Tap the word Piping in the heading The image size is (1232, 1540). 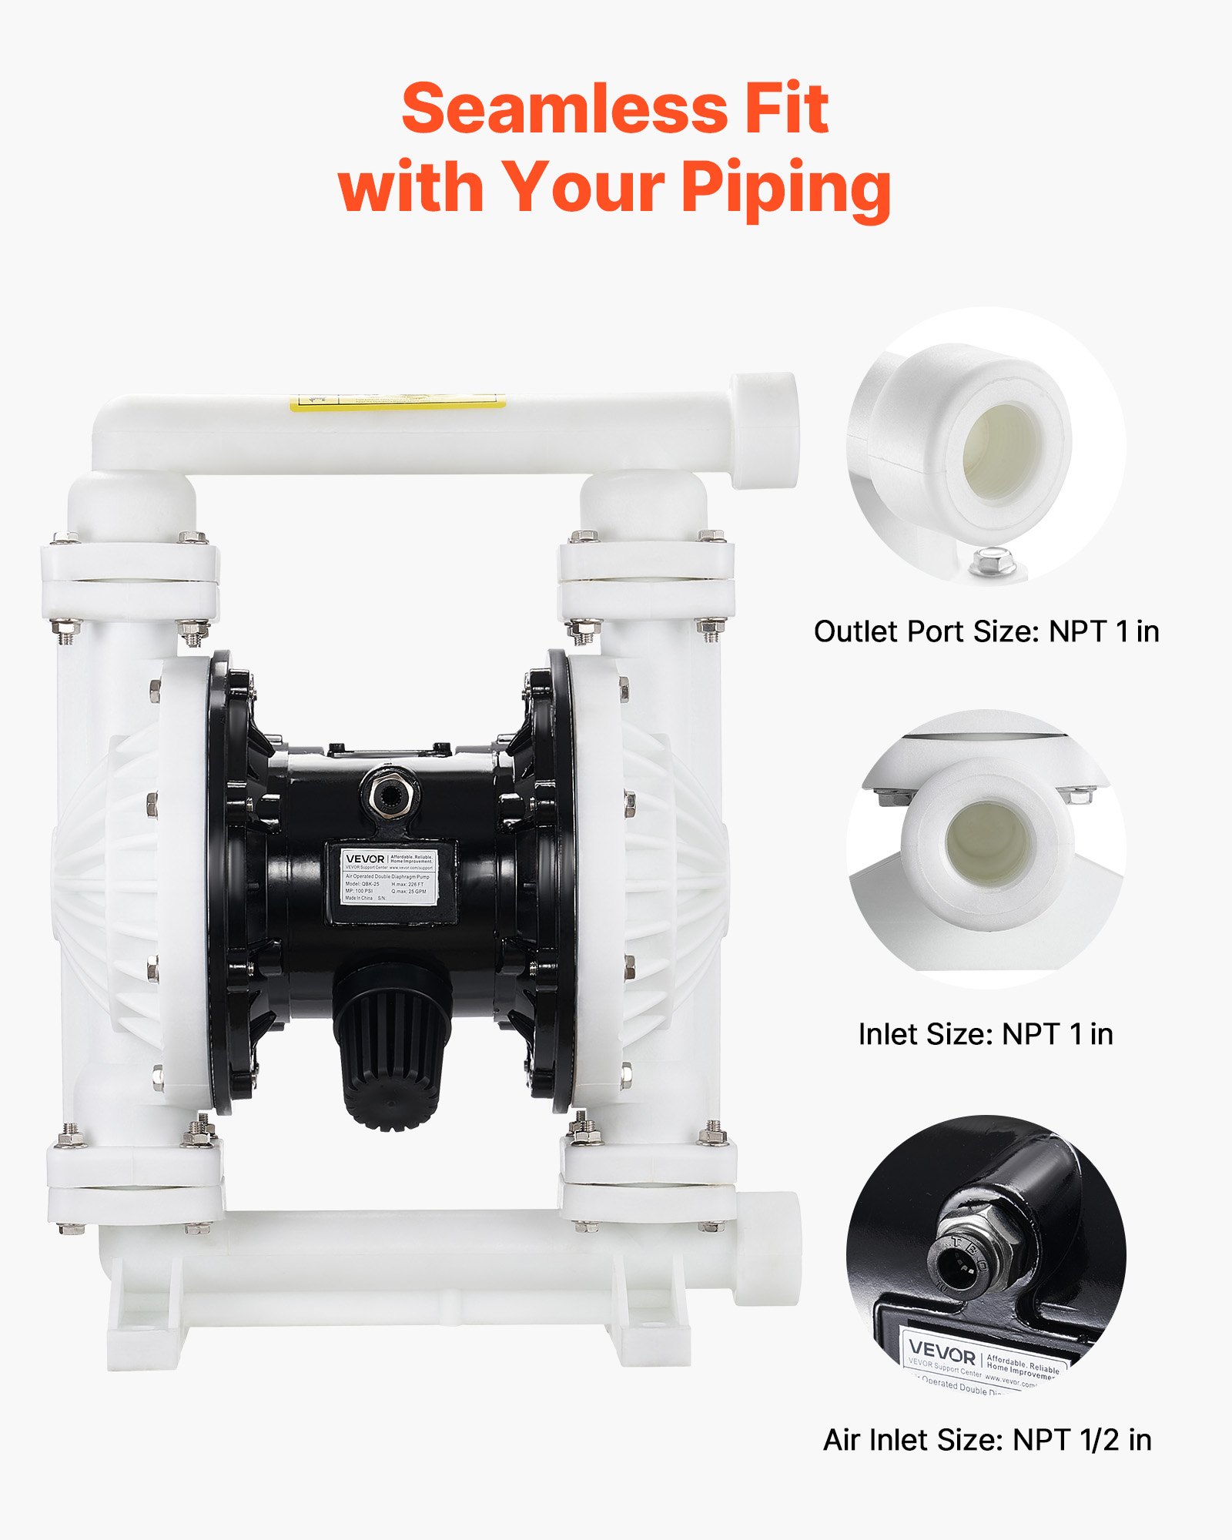click(785, 188)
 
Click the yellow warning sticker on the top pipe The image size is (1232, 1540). click(397, 402)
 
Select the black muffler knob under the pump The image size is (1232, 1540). click(393, 1043)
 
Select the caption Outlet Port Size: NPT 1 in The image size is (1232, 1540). click(986, 631)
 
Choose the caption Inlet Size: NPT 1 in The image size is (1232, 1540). click(986, 1034)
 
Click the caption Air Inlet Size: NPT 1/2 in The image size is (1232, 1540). click(987, 1440)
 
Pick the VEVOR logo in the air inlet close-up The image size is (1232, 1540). click(942, 1351)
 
